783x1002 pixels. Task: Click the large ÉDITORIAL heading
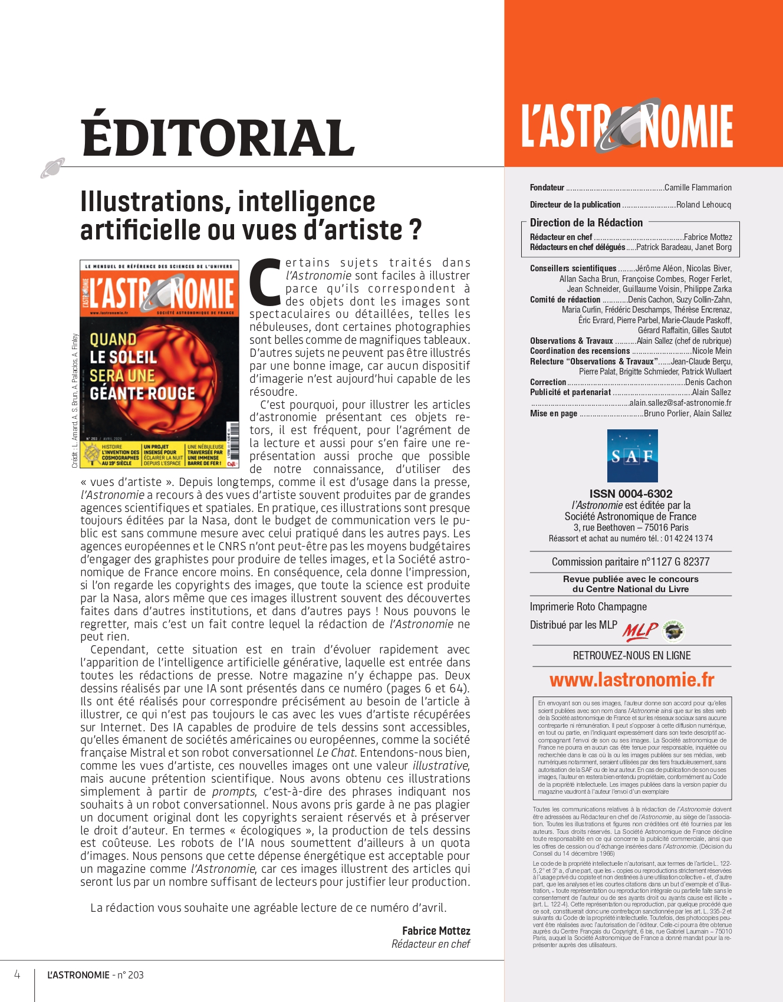coord(218,137)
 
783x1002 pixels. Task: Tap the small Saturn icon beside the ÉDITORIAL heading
coord(52,168)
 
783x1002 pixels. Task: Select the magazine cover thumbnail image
coord(159,363)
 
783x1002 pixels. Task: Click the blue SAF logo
coord(632,455)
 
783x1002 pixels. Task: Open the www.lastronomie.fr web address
coord(631,680)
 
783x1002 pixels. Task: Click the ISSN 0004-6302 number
coord(631,494)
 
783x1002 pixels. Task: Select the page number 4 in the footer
coord(17,974)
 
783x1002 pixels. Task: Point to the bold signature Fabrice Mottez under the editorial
coord(436,931)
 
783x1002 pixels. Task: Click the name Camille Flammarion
coord(698,188)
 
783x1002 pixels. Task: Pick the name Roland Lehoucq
coord(703,205)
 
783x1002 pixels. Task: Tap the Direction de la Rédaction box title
coord(586,222)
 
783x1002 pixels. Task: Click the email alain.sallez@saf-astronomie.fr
coord(680,403)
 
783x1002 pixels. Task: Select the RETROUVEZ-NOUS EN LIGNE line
coord(631,655)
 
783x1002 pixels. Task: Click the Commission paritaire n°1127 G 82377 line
coord(630,561)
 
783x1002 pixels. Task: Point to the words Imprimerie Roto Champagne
coord(588,606)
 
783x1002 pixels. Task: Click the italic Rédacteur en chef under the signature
coord(430,944)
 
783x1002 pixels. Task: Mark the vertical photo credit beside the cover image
coord(75,401)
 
